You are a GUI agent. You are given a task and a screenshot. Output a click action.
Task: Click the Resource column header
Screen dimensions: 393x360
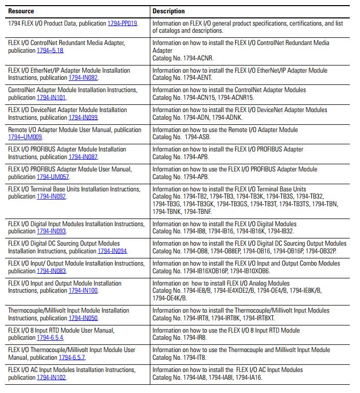click(21, 11)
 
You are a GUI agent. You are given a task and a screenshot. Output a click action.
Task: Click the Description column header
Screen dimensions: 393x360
click(169, 11)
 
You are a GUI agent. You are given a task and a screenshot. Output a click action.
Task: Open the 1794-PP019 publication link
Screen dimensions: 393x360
click(122, 24)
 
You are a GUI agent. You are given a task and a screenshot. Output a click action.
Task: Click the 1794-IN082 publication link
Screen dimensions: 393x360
click(83, 78)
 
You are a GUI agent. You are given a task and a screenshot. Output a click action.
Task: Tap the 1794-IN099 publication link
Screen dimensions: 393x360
click(83, 117)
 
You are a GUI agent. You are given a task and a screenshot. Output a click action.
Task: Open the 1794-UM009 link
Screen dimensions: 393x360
click(25, 137)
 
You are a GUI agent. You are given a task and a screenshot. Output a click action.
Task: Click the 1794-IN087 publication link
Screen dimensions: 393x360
click(83, 157)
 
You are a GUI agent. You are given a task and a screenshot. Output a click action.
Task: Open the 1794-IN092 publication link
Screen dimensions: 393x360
click(51, 196)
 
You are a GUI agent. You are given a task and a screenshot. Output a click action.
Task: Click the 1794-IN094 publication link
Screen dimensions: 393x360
click(112, 251)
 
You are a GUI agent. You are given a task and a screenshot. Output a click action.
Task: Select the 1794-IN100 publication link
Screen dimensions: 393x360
click(83, 291)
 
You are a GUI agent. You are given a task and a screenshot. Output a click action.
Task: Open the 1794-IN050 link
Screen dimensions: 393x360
click(83, 318)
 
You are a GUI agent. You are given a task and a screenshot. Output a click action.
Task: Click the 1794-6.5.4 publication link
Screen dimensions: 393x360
click(50, 338)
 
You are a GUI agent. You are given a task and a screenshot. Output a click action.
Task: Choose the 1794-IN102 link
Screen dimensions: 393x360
click(51, 377)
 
